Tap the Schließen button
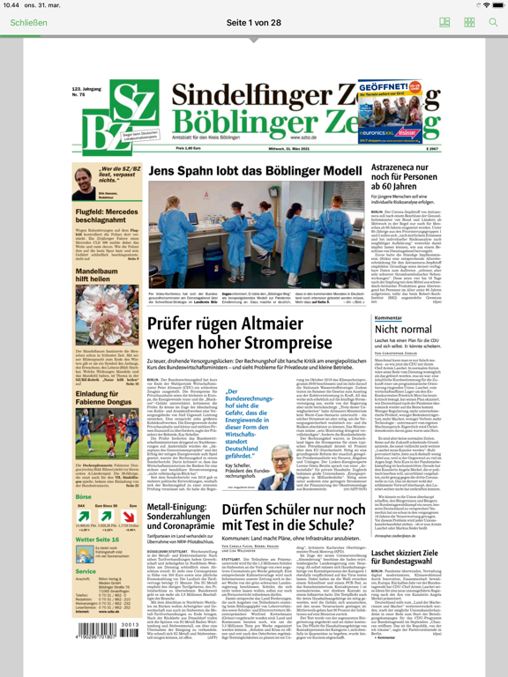tap(30, 21)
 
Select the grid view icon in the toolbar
tap(469, 21)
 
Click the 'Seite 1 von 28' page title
tap(254, 21)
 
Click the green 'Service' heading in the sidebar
tap(85, 570)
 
